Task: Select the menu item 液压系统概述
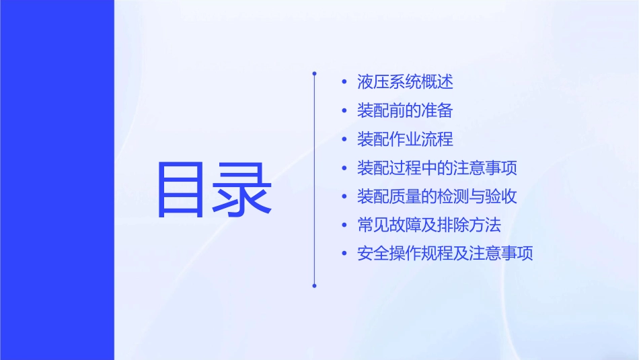405,82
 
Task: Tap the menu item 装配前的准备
405,111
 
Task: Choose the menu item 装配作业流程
405,139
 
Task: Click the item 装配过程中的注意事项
437,168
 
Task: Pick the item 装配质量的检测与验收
437,196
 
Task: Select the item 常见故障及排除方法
429,225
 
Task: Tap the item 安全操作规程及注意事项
445,254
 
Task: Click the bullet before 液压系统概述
344,83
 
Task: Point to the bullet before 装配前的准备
344,111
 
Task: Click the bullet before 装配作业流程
344,140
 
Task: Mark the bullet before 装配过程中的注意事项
344,168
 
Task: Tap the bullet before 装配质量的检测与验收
344,197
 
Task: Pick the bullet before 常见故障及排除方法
344,225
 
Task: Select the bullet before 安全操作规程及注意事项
344,254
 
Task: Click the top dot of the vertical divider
314,72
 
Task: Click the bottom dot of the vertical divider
314,285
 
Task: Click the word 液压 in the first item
373,82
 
